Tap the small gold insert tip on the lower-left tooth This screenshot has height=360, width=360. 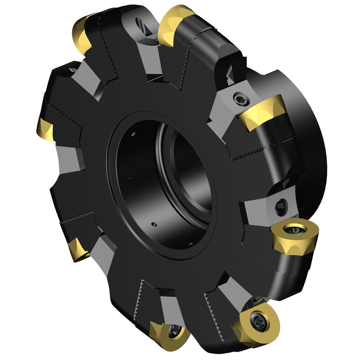tap(78, 248)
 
